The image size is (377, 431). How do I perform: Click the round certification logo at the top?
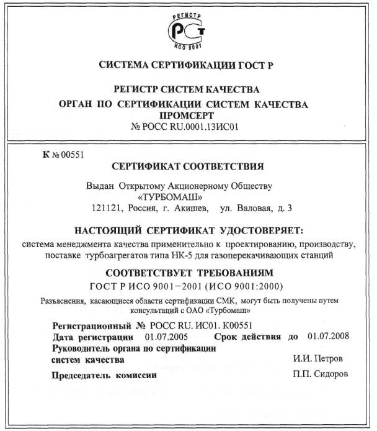188,31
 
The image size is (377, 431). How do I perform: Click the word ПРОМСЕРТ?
188,116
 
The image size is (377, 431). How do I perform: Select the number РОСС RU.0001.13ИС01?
194,127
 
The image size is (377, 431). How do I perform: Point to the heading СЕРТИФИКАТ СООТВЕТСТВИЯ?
188,167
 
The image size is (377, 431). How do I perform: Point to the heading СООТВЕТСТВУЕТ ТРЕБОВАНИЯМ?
188,273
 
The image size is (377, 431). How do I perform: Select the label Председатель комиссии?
103,375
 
